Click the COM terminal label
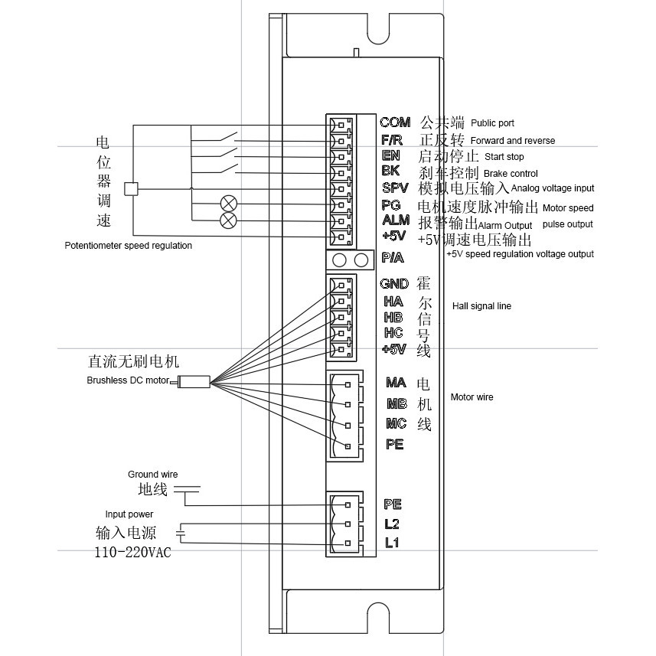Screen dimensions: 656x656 [395, 122]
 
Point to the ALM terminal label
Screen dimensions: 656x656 [395, 220]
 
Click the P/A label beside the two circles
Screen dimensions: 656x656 [392, 257]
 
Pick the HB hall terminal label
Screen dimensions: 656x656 [393, 317]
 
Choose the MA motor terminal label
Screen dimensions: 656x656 [396, 383]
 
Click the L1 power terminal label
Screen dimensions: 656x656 [392, 543]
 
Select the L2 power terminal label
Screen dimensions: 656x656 [392, 524]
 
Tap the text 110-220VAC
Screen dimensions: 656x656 [133, 553]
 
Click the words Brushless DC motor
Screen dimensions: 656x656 [128, 380]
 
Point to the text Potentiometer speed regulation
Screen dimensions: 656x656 [129, 246]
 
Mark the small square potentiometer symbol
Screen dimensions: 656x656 [131, 189]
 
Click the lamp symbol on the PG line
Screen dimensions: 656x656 [228, 204]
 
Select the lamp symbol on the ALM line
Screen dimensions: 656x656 [228, 220]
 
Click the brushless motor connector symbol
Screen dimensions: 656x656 [194, 381]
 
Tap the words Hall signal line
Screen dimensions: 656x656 [481, 306]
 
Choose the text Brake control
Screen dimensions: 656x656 [511, 174]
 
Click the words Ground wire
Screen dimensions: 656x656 [152, 475]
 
